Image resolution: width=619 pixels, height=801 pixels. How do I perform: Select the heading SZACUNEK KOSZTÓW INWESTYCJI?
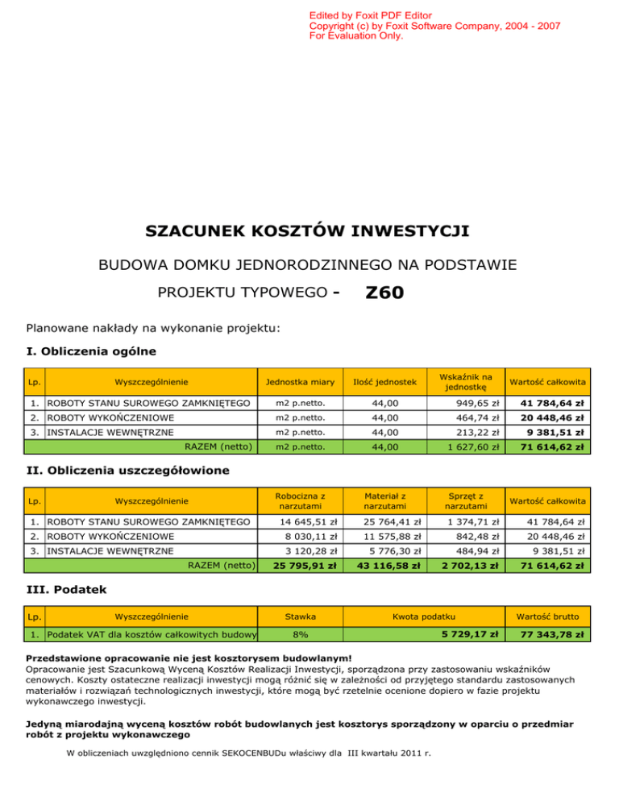[307, 232]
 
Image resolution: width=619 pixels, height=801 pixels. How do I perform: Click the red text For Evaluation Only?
[356, 36]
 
